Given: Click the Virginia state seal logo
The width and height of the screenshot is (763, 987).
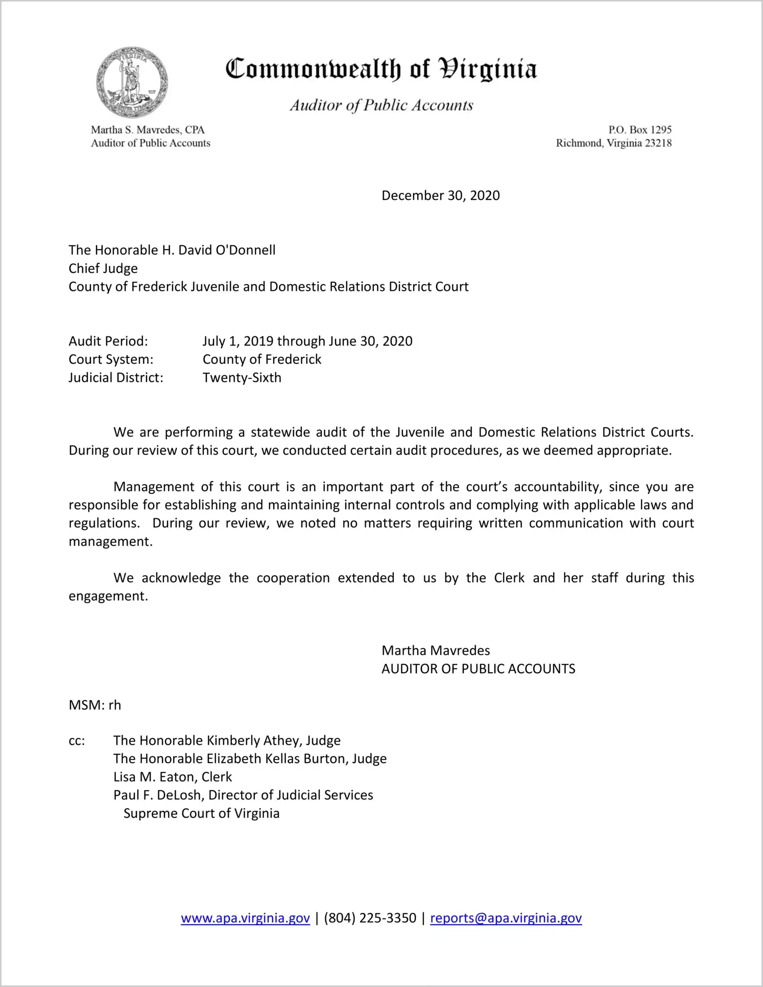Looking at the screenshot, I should pos(132,83).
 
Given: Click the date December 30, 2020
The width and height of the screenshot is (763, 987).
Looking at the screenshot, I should pos(440,196).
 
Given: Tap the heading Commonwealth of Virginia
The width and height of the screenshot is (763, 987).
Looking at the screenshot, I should pos(381,69).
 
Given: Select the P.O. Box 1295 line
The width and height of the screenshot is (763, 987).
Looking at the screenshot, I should pos(639,130).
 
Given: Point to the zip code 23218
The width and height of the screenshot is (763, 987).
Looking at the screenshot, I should pos(658,143).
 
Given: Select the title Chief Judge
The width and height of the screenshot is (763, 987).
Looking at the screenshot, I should pos(103,268).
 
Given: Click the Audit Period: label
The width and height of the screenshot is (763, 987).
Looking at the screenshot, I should pos(108,341).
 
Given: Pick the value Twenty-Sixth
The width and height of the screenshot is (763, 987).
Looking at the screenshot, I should pos(242,378).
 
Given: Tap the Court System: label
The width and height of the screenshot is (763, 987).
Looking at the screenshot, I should pos(111,359).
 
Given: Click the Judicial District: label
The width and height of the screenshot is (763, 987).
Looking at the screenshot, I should pos(116,378).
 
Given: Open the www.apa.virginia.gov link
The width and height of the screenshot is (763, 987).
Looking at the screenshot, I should pos(245,918).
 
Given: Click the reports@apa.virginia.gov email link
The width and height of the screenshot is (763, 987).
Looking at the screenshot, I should pos(506,918).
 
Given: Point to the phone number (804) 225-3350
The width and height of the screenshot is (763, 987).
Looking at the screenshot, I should pos(370,918).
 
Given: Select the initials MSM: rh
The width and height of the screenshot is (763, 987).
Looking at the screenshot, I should pos(95,705).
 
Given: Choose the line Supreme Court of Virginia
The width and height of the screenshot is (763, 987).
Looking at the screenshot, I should pos(201,813).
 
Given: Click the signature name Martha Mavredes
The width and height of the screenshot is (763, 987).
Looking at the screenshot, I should pos(436,651).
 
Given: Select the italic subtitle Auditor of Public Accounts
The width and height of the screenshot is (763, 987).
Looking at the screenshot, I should pos(381,105).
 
